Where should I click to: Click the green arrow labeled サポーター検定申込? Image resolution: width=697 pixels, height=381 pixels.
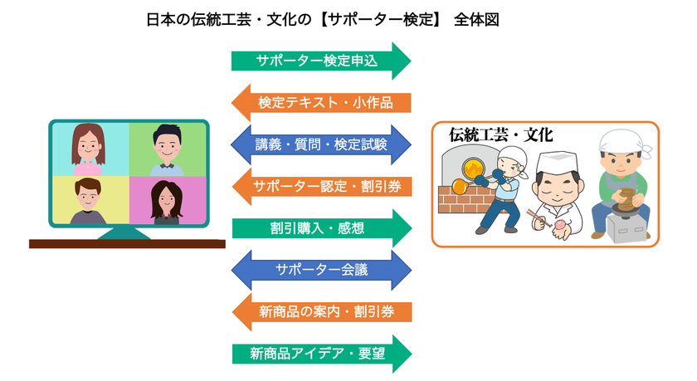pos(321,61)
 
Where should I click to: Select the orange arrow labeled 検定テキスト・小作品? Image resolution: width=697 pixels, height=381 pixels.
pos(321,103)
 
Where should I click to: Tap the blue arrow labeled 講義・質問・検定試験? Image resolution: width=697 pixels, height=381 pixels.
pos(321,144)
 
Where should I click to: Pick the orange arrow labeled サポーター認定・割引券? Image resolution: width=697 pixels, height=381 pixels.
pos(322,186)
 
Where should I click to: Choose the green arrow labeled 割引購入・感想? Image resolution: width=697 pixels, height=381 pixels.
pos(322,228)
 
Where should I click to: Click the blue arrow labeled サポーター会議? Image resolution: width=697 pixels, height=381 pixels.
pos(321,270)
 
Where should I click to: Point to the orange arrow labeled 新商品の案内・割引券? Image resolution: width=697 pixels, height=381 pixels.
pos(322,311)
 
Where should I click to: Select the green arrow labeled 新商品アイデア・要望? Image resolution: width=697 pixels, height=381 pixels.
pos(322,354)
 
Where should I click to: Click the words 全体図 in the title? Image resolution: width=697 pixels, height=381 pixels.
pos(476,20)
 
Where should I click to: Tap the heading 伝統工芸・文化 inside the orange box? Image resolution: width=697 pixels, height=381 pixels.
pos(500,134)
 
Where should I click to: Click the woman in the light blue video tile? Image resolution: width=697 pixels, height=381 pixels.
pos(89,149)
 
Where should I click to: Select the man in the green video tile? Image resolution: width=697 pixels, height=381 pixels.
pos(167,150)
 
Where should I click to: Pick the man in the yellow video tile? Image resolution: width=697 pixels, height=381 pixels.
pos(88,201)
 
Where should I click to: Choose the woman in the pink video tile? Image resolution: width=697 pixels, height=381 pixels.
pos(167,203)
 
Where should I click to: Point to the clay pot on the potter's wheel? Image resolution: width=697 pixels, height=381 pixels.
pos(626,199)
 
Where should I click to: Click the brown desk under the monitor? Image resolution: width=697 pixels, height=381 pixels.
pos(127,244)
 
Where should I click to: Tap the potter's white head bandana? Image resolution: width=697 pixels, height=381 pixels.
pos(624,141)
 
